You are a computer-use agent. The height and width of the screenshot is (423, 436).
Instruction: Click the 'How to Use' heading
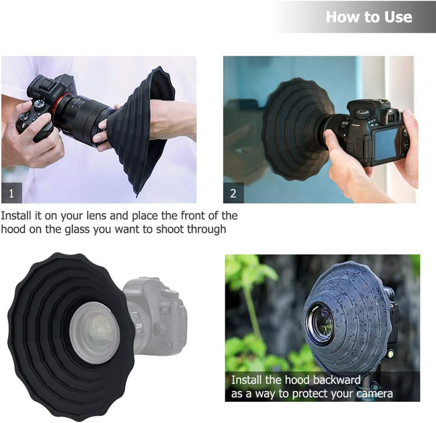[369, 17]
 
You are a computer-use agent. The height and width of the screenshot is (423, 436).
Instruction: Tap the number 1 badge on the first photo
[12, 193]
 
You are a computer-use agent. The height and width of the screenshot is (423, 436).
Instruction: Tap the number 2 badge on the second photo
[234, 193]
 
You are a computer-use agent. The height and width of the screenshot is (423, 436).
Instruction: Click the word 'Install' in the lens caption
[16, 216]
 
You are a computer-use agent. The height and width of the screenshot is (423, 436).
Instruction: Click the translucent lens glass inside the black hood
[94, 333]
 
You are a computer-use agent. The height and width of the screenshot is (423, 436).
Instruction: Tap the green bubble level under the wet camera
[391, 354]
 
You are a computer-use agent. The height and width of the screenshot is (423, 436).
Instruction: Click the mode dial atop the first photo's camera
[39, 104]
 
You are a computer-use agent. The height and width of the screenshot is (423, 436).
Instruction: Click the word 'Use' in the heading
[398, 17]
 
